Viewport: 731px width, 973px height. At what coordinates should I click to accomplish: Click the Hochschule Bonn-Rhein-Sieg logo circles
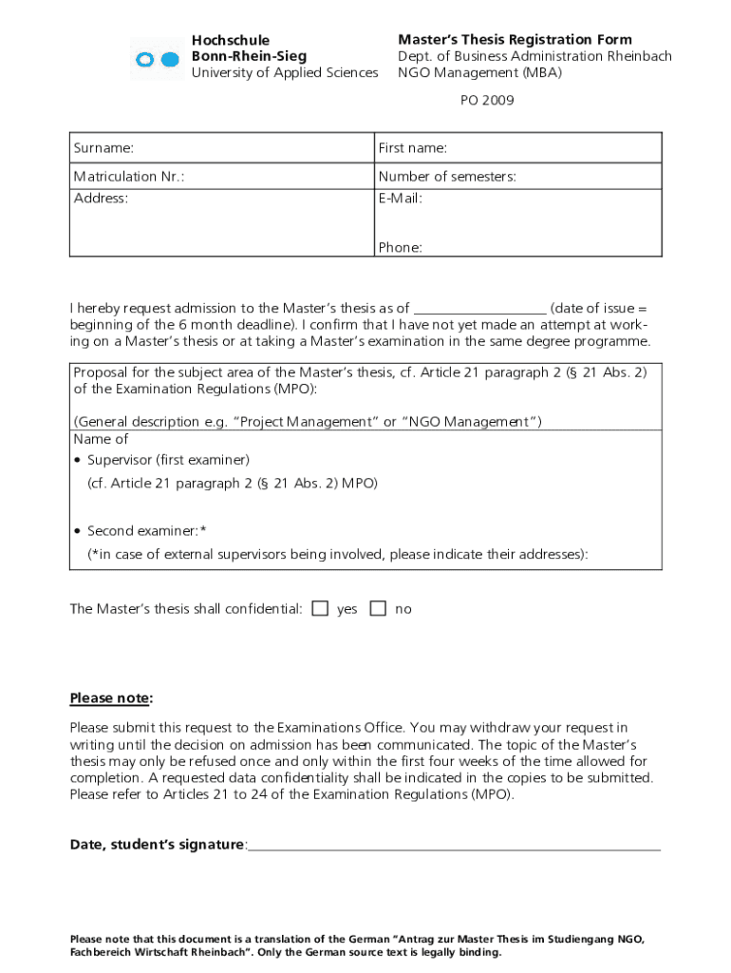click(157, 59)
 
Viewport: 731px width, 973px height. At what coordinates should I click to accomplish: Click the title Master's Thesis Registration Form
click(515, 40)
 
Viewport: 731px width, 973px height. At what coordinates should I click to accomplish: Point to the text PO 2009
click(487, 100)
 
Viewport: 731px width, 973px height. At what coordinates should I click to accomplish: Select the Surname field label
click(103, 148)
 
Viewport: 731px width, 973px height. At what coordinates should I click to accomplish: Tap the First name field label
click(412, 148)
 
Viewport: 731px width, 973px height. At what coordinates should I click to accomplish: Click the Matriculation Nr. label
click(129, 177)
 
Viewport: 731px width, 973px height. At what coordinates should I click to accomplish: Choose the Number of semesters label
click(447, 177)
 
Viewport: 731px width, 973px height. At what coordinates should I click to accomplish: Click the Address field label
click(101, 199)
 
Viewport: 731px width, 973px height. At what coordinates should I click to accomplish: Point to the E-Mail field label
click(400, 199)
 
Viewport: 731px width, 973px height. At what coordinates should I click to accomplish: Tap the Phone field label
click(400, 248)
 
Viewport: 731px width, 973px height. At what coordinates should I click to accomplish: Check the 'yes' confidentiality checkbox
click(320, 608)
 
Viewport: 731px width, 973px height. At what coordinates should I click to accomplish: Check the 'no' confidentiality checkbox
click(378, 608)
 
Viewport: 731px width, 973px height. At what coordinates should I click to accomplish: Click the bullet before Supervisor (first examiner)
click(77, 461)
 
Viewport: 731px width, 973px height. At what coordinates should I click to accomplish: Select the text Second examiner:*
click(147, 531)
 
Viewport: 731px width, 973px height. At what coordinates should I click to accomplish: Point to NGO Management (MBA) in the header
click(479, 72)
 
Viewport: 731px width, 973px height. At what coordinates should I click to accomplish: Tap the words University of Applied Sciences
click(285, 73)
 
